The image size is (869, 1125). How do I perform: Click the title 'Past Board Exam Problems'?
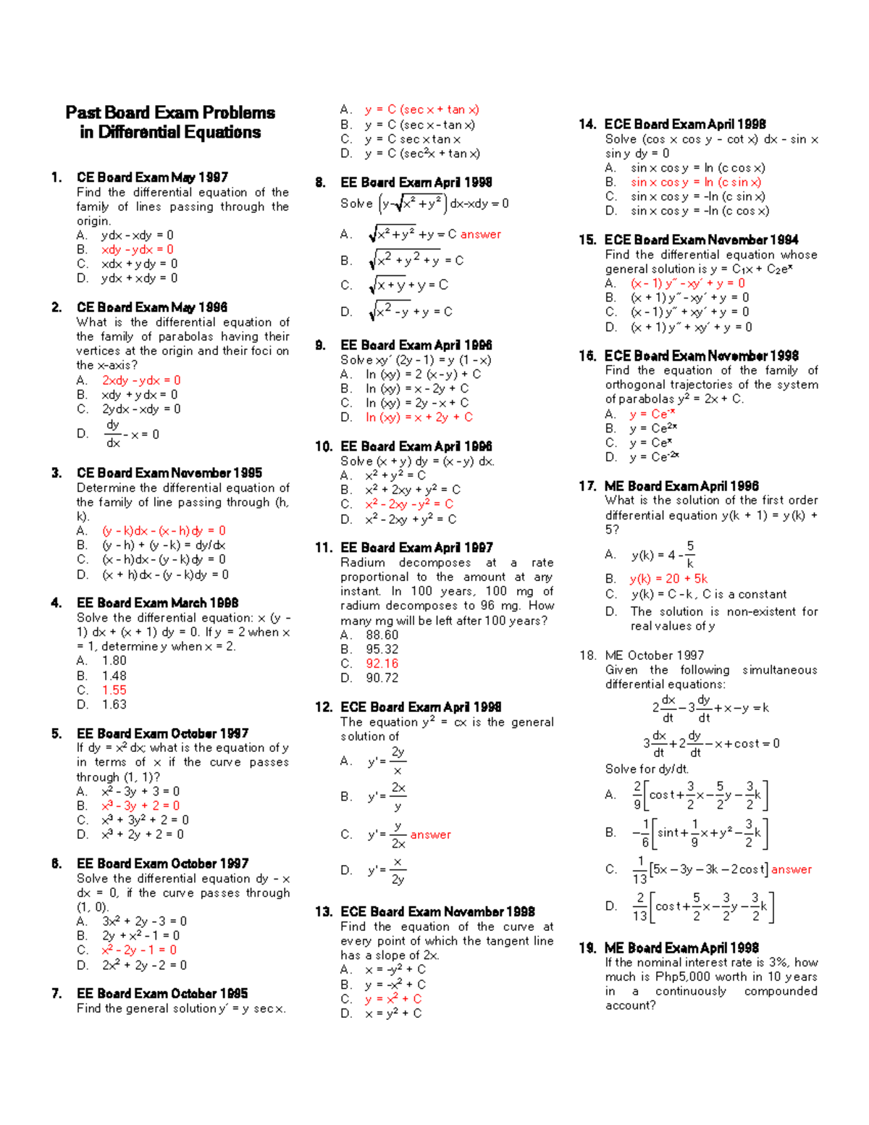coord(170,113)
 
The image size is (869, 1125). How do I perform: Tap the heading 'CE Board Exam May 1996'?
coord(152,307)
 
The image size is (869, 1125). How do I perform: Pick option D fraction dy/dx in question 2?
coord(113,433)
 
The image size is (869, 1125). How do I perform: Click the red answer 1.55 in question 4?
coord(114,690)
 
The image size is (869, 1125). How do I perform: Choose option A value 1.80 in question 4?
coord(114,661)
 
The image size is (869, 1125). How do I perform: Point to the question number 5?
coord(56,734)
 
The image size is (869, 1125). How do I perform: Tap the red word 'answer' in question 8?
coord(480,235)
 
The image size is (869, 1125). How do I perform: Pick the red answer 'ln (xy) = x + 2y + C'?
coord(419,417)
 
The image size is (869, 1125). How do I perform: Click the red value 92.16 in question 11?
coord(382,664)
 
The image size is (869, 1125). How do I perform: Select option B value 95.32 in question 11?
coord(382,649)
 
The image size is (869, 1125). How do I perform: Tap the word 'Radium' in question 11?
coord(363,563)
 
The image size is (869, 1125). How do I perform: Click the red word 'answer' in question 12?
coord(430,835)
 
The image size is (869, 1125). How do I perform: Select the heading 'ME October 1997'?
coord(654,656)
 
